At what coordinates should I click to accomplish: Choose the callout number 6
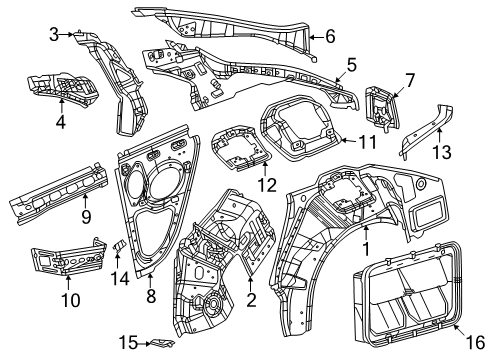click(329, 37)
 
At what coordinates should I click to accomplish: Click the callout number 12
click(267, 184)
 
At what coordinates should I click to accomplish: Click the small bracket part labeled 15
click(158, 343)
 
